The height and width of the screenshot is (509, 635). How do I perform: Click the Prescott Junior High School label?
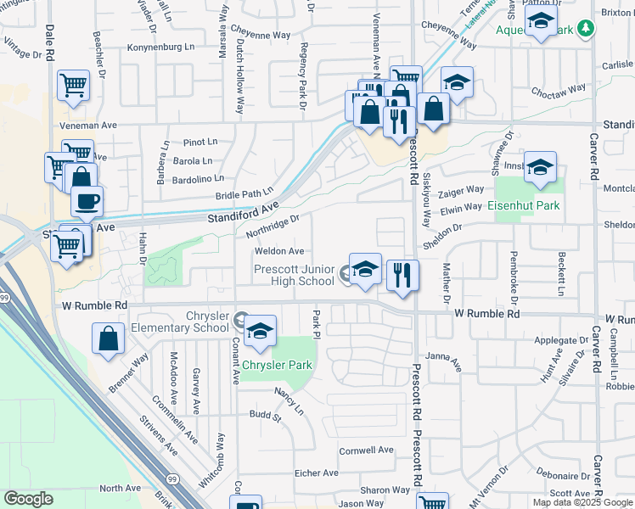point(294,275)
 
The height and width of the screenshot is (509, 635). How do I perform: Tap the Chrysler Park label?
point(278,366)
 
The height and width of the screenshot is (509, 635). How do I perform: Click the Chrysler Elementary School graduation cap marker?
point(261,330)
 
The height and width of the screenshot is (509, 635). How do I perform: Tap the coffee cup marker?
point(87,202)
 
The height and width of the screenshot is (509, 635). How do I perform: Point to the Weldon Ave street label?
point(279,251)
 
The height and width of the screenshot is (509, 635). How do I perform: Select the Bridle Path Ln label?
point(245,194)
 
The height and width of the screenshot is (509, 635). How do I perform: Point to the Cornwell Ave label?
point(367,450)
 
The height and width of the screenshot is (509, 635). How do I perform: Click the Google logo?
point(28,499)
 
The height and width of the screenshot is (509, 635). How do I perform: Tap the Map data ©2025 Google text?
point(583,502)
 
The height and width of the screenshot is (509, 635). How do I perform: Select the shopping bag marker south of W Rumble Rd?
point(110,338)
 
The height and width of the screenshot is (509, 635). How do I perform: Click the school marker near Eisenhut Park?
point(539,167)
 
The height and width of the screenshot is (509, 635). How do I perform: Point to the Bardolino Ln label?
point(196,178)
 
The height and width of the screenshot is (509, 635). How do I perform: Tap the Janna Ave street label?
point(443,362)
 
